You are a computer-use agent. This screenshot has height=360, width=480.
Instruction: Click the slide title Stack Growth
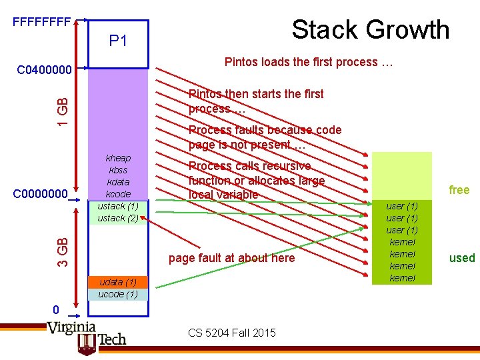pos(370,30)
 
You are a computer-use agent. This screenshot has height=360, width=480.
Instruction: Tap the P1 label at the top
pos(118,41)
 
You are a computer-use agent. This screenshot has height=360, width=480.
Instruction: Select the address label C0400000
pos(44,69)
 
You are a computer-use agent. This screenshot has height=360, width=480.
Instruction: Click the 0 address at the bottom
pos(57,309)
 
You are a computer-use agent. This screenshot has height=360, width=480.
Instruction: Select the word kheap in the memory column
pos(118,158)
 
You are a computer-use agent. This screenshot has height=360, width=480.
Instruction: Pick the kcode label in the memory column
pos(118,194)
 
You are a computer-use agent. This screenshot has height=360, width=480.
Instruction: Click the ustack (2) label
pos(118,218)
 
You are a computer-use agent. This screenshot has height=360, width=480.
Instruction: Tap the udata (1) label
pos(118,282)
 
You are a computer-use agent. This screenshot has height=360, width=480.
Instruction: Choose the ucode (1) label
pos(118,294)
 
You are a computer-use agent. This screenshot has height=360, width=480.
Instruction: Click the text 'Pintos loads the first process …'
pos(309,62)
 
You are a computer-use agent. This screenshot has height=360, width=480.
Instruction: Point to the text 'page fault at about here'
pos(231,258)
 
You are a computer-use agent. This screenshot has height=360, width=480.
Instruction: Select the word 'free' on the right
pos(459,190)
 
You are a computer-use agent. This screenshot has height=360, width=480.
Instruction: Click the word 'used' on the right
pos(461,258)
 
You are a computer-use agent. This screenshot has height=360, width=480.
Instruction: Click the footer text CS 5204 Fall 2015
pos(231,333)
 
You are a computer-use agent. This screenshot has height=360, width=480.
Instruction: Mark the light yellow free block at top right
pos(401,175)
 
